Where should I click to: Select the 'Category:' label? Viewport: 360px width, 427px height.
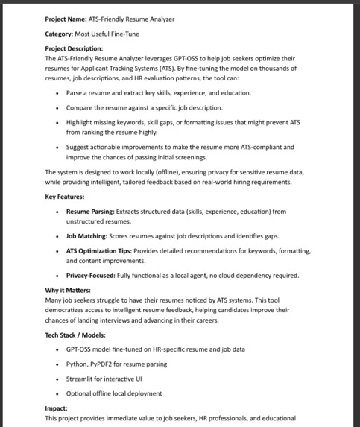point(60,34)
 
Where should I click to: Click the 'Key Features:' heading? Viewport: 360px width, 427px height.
point(65,197)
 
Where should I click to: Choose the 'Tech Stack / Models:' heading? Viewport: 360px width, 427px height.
point(75,335)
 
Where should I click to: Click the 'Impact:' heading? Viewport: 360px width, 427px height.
point(56,408)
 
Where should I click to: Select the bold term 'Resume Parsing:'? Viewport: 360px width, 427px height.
point(90,212)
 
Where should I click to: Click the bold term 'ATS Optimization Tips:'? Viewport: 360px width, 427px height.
point(101,251)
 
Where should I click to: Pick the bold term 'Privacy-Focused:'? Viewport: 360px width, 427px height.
point(90,275)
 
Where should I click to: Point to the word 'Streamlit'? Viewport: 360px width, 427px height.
point(80,379)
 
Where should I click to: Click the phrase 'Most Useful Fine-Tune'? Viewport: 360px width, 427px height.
point(107,34)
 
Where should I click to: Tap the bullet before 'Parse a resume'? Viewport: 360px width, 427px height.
point(57,93)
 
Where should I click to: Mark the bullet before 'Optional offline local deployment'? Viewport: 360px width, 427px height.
point(57,393)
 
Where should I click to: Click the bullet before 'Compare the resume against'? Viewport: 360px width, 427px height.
point(57,108)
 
